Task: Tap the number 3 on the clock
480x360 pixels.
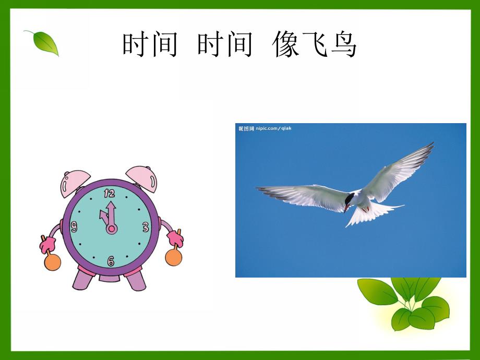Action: tap(146, 227)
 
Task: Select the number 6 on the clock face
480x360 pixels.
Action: tap(111, 261)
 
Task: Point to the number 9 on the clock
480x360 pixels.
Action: tap(74, 227)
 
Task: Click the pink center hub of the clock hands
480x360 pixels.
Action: tap(111, 229)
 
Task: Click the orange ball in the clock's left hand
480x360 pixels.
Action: tap(52, 262)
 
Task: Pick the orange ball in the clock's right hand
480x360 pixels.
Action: tap(173, 257)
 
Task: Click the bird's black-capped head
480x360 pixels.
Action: tap(349, 199)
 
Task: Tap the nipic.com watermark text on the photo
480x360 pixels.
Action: tap(265, 128)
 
